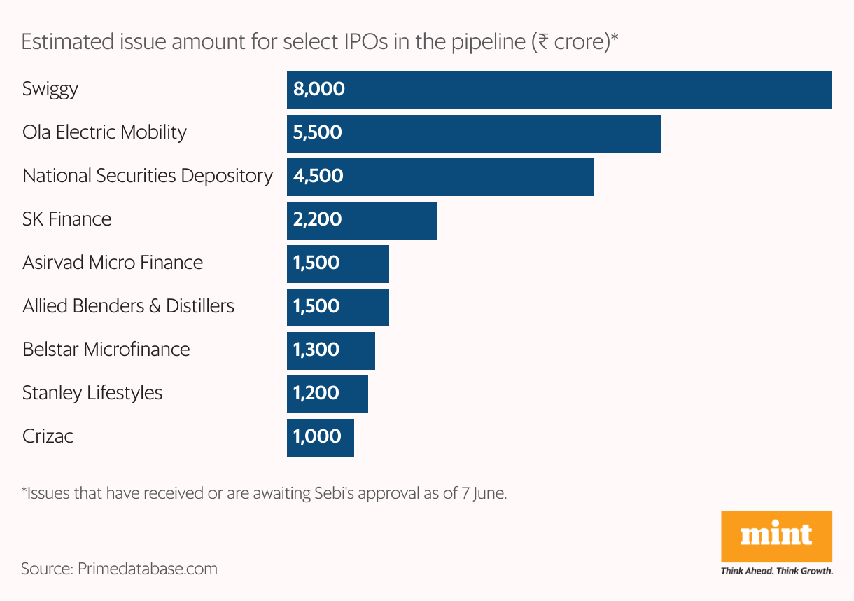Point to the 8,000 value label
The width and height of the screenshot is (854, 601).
click(x=319, y=90)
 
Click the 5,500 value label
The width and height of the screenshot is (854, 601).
click(x=318, y=133)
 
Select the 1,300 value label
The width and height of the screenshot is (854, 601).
click(x=317, y=350)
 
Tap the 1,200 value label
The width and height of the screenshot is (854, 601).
click(x=317, y=393)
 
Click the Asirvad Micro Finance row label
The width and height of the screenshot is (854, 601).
click(x=113, y=263)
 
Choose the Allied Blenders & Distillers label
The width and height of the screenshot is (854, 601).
click(x=128, y=306)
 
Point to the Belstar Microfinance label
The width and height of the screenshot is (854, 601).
click(x=106, y=350)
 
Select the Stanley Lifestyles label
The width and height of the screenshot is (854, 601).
click(x=92, y=393)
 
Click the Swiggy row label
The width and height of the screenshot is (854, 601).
click(x=50, y=90)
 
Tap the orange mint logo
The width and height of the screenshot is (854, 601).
click(x=776, y=537)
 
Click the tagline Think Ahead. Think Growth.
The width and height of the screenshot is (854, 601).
click(x=776, y=571)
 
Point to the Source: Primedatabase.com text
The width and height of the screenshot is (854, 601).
click(x=119, y=568)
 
